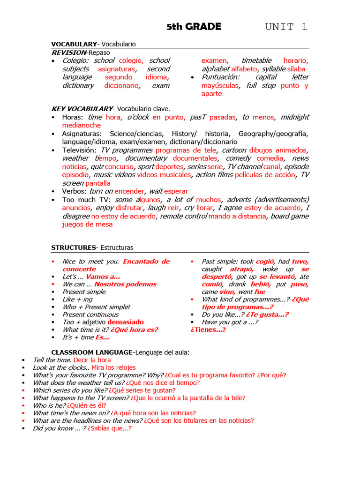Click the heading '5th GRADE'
coord(194,27)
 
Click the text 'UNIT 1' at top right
coord(286,27)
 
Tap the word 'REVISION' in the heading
coord(68,52)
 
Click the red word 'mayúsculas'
coord(220,86)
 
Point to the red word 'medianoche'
coord(81,125)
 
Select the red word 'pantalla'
coord(98,183)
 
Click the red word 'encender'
coord(129,191)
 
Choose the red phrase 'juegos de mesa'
coord(87,224)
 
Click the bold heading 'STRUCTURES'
coord(73,247)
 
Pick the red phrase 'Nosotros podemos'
coord(125,284)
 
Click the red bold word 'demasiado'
coord(126,322)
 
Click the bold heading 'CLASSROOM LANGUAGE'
coord(91,352)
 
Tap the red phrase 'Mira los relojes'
coord(113,367)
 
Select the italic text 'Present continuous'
coord(90,315)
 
